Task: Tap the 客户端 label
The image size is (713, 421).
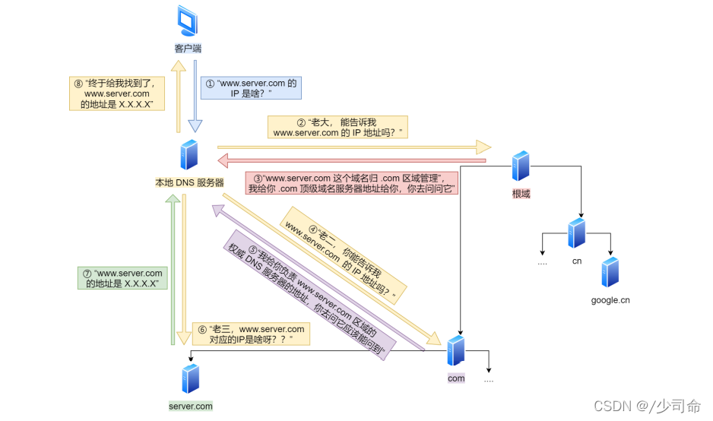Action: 187,48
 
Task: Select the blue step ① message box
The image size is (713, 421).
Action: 251,88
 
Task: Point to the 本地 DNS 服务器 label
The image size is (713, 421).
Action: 190,182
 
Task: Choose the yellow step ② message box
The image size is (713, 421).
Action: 337,128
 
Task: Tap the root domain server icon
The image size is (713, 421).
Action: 520,166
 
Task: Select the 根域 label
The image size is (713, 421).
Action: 521,194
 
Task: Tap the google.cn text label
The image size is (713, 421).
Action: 610,300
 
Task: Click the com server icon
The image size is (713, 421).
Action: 456,351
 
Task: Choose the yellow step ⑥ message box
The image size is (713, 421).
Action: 252,334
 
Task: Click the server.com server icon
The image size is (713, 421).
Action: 190,378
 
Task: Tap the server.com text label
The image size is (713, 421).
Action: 191,406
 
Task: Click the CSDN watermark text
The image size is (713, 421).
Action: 647,407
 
